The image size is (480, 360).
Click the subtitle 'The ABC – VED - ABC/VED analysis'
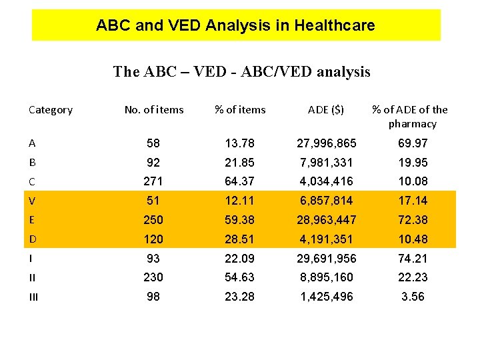coord(241,71)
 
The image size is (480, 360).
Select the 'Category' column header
coord(51,110)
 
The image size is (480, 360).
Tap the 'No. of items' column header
coord(154,110)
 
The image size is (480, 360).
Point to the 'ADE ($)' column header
coord(326,110)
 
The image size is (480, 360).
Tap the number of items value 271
coord(153,181)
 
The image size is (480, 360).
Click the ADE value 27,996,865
coord(326,143)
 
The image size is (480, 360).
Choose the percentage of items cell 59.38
coord(240,220)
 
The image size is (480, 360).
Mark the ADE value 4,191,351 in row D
coord(326,239)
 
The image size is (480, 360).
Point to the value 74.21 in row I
coord(413,259)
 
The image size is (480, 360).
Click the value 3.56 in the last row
coord(413,297)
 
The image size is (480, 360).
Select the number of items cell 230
coord(153,277)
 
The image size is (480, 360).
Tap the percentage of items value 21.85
coord(240,163)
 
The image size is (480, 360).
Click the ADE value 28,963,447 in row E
coord(326,220)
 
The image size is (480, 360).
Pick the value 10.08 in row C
coord(413,181)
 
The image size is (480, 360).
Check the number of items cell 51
coord(153,201)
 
